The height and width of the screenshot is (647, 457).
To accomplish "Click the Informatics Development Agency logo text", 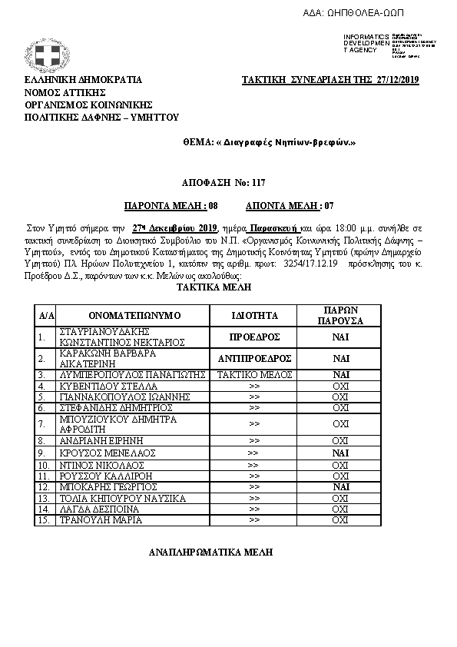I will pyautogui.click(x=360, y=43).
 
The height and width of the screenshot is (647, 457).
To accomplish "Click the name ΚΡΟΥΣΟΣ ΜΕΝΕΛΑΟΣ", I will pyautogui.click(x=102, y=454).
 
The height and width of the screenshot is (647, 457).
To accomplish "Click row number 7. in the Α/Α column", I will pyautogui.click(x=42, y=423).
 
